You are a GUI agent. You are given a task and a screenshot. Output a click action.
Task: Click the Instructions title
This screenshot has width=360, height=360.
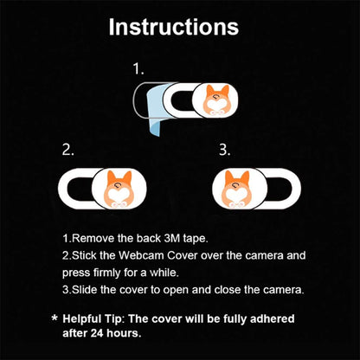point(173,26)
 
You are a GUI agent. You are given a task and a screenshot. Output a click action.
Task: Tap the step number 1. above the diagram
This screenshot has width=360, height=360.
point(138,67)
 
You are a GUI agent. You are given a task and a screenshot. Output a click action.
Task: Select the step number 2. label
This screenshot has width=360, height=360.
point(68,149)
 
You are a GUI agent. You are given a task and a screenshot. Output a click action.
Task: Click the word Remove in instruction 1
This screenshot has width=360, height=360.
point(90,237)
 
